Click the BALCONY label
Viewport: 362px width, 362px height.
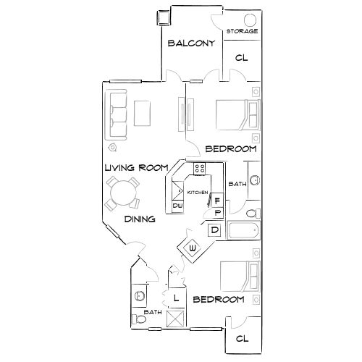191,43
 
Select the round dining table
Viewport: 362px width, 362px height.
122,193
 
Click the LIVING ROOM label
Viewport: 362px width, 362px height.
137,168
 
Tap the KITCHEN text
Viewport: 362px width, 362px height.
198,193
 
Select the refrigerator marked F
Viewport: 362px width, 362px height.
216,200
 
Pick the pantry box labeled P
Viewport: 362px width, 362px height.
217,213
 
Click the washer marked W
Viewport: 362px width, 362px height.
193,249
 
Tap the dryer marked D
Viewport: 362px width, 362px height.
214,231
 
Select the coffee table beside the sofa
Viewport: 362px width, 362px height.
141,114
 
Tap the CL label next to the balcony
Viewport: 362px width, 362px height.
241,57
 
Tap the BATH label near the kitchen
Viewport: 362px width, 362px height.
236,184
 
